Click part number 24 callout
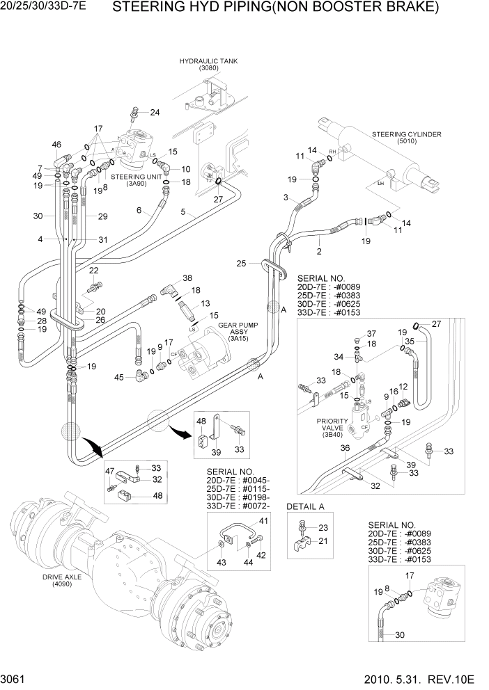(x=154, y=113)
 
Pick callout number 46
(x=56, y=144)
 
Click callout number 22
(x=93, y=271)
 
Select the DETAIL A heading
(x=306, y=506)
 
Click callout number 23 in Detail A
(x=322, y=528)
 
